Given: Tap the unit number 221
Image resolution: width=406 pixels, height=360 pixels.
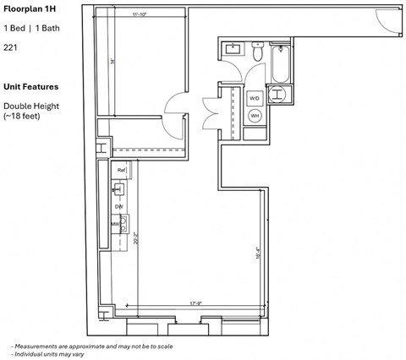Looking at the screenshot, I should (11, 48).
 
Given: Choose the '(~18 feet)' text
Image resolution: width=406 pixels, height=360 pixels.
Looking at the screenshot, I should (23, 116).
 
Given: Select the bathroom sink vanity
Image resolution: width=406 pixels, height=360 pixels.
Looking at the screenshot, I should (232, 50).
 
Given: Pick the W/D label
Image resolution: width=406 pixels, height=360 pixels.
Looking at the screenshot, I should (255, 99).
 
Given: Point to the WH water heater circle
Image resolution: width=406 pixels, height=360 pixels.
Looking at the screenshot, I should (255, 116).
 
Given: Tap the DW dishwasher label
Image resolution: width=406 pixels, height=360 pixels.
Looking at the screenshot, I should (119, 206).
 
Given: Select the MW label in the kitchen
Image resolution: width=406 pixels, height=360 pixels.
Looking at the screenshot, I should (116, 224).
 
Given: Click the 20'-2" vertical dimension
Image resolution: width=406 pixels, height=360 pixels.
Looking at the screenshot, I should (136, 239).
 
